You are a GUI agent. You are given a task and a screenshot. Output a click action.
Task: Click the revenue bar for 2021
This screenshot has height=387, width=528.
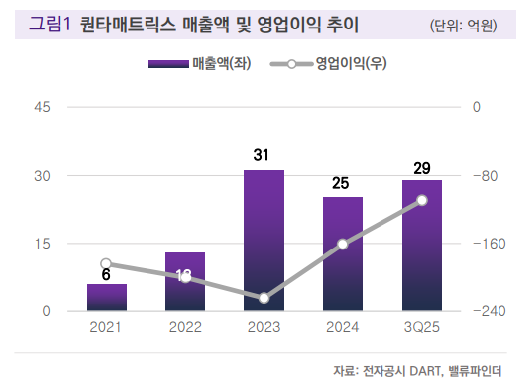coord(106,298)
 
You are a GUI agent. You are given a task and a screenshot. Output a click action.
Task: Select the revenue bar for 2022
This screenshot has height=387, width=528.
coord(185,282)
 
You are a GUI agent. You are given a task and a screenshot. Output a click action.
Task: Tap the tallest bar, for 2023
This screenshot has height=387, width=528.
coord(264,241)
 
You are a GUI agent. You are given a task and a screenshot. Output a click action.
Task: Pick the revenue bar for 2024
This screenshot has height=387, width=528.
coord(342,254)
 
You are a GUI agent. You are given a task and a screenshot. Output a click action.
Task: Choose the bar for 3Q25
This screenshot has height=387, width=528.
coord(422,246)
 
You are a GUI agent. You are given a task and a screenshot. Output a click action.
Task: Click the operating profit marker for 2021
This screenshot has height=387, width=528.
coord(106,263)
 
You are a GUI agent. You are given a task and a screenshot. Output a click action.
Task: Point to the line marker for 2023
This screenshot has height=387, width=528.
coord(264,298)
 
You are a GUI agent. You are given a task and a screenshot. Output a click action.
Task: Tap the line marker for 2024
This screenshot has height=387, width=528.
coord(342,244)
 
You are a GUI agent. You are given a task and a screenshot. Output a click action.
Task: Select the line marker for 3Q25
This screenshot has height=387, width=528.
coord(422,200)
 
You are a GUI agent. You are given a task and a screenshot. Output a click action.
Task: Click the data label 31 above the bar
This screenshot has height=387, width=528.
coord(261,155)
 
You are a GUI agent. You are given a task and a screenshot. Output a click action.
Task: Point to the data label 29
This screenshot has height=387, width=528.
coord(422,168)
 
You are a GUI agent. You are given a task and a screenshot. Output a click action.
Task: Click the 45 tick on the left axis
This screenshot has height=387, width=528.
coord(42,106)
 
